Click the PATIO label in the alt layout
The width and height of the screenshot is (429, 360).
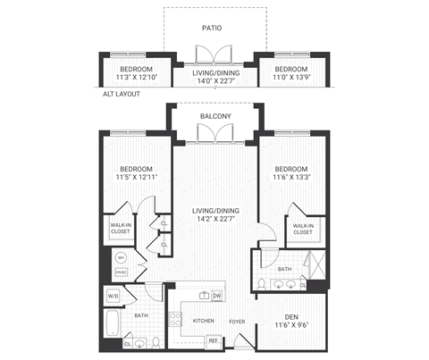213,28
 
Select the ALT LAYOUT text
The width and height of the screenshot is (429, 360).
122,93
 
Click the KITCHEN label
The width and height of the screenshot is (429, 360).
204,320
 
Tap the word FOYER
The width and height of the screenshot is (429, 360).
237,320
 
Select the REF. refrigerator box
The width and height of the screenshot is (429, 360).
214,340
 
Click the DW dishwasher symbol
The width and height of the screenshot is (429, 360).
216,296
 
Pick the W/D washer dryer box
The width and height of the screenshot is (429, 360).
114,296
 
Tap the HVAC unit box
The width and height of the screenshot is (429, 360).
122,272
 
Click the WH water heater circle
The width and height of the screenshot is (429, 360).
122,257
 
